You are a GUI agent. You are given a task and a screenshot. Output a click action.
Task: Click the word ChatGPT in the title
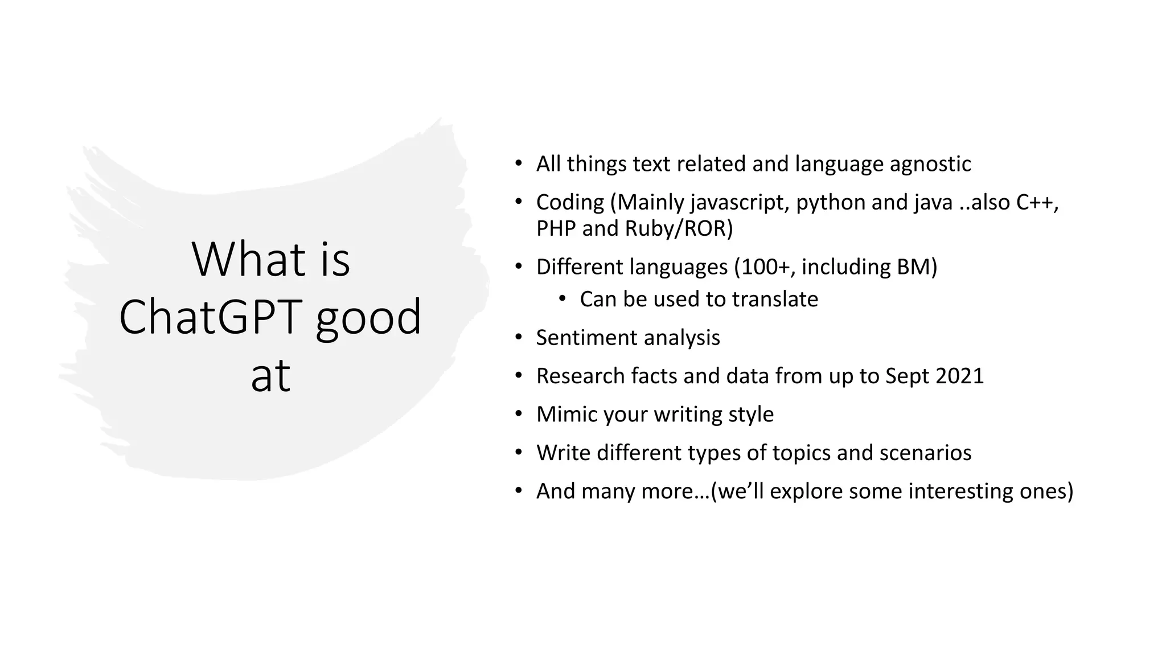click(211, 317)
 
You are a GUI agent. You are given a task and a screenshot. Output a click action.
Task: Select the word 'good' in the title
click(368, 317)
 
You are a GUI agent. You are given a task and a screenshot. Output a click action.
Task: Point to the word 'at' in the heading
click(270, 375)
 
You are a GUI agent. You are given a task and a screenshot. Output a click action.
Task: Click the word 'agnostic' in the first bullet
click(930, 164)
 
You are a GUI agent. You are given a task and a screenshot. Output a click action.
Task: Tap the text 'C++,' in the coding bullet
click(1037, 202)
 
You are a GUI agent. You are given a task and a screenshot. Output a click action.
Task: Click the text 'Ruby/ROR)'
click(679, 228)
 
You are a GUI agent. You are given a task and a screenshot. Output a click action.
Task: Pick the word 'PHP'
click(556, 228)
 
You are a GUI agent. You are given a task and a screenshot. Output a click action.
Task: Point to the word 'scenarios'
click(925, 453)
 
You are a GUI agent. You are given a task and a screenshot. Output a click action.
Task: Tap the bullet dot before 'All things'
click(518, 164)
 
